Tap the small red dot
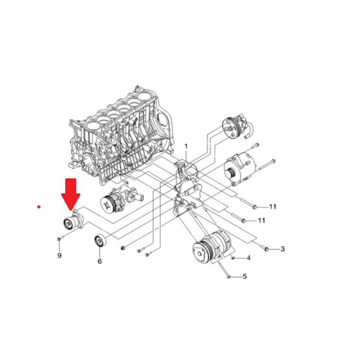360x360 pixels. tap(39, 207)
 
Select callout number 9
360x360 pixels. tap(59, 255)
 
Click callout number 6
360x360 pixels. tap(100, 261)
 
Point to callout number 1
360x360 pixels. tap(186, 146)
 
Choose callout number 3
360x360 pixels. tap(283, 249)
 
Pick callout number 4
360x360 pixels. tap(249, 258)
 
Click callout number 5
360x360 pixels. tap(245, 276)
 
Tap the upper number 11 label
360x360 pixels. tap(273, 207)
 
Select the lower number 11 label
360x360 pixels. tap(261, 220)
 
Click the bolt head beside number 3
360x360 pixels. tap(266, 249)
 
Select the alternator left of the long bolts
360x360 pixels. tap(240, 169)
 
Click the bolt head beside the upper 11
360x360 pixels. tap(254, 207)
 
